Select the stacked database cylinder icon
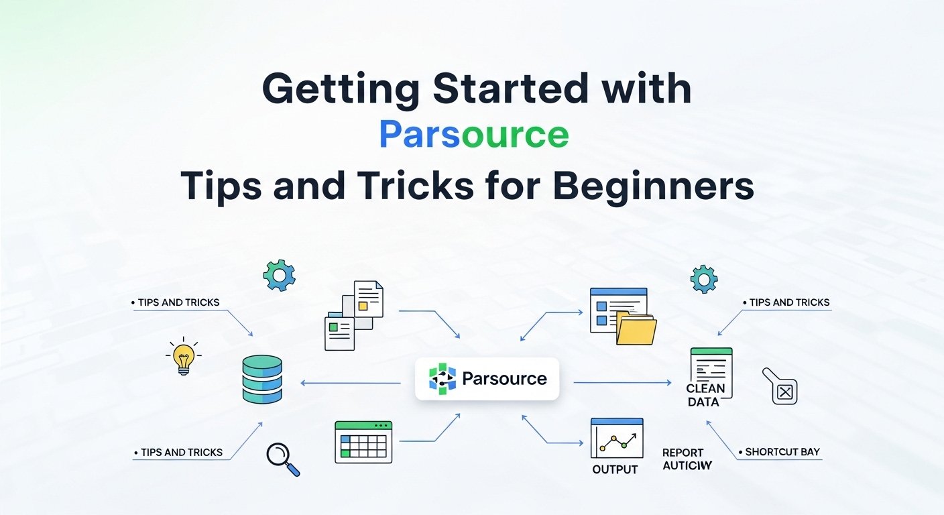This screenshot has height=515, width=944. [262, 380]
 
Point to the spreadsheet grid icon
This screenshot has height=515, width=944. [363, 442]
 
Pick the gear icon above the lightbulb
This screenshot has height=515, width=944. [279, 275]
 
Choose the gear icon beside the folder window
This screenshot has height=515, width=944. [703, 279]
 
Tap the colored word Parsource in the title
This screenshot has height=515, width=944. [473, 135]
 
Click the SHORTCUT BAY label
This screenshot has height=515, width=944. [782, 452]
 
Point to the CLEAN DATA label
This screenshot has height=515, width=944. [705, 395]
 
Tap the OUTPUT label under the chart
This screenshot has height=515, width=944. [615, 469]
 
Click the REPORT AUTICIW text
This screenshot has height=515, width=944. [687, 459]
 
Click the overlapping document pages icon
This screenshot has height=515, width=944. [353, 314]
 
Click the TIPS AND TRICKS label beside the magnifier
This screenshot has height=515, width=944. [182, 452]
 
